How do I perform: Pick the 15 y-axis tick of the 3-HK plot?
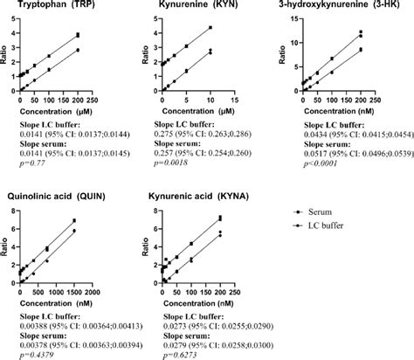click(293, 19)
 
